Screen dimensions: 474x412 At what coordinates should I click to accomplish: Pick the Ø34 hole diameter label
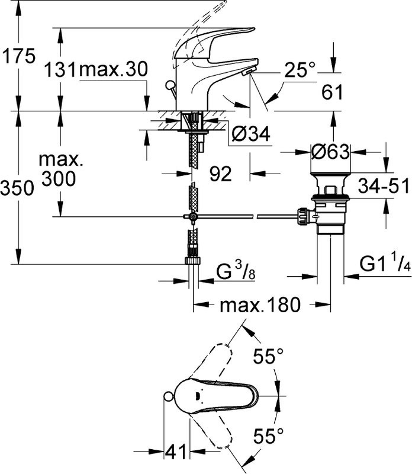tap(252, 134)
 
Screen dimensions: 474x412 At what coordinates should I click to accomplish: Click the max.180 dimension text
tap(260, 289)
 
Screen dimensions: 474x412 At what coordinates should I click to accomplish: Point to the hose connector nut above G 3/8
tap(192, 260)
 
